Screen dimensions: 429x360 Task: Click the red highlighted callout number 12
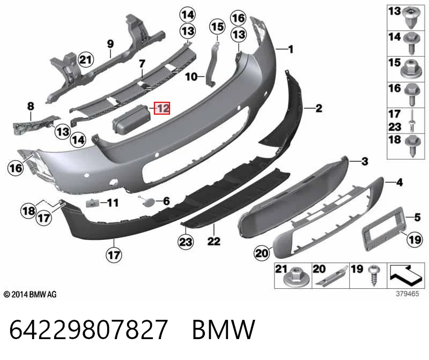click(162, 108)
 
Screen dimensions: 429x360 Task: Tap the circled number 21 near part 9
click(86, 59)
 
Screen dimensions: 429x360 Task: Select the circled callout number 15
click(218, 27)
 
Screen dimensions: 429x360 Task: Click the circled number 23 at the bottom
click(186, 242)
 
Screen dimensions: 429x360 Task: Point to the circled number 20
click(262, 253)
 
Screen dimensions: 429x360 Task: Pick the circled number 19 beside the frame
click(414, 239)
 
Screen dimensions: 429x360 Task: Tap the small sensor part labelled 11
click(93, 203)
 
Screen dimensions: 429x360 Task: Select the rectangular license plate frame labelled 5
click(383, 229)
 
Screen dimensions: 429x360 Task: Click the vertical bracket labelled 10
click(212, 64)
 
